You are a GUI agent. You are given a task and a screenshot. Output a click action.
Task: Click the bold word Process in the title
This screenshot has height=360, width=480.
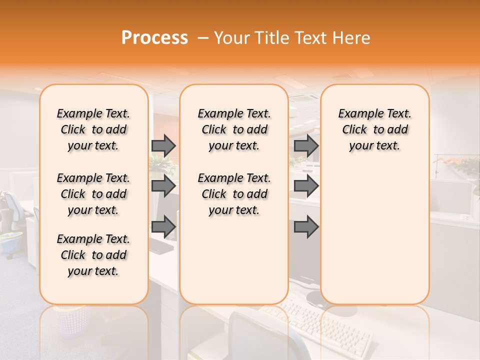pos(154,38)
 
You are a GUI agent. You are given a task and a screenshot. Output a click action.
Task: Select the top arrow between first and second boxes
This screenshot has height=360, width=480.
pos(163,145)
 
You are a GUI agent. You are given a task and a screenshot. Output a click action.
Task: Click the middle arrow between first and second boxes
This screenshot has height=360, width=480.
pos(163,186)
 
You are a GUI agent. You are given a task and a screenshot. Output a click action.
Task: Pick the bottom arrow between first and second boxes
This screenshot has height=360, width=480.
pos(163,227)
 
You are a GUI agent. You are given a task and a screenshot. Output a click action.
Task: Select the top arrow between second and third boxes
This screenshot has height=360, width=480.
pos(306,145)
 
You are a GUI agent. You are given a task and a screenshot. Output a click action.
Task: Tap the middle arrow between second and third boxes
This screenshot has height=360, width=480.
pos(306,186)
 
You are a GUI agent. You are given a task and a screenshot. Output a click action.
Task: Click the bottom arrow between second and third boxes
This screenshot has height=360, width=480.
pos(306,227)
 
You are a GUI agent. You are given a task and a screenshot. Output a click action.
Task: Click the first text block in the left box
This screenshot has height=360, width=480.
pos(93,129)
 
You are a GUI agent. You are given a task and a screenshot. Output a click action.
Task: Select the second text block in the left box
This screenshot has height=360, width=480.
pos(93,194)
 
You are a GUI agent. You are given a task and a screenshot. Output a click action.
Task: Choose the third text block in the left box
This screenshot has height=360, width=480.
pos(93,255)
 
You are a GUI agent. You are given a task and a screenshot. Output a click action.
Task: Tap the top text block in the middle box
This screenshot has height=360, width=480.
pos(234,129)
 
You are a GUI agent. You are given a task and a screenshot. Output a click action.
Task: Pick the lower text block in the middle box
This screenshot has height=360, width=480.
pos(234,194)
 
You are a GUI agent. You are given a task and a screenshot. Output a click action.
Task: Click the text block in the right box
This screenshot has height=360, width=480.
pos(374,129)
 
